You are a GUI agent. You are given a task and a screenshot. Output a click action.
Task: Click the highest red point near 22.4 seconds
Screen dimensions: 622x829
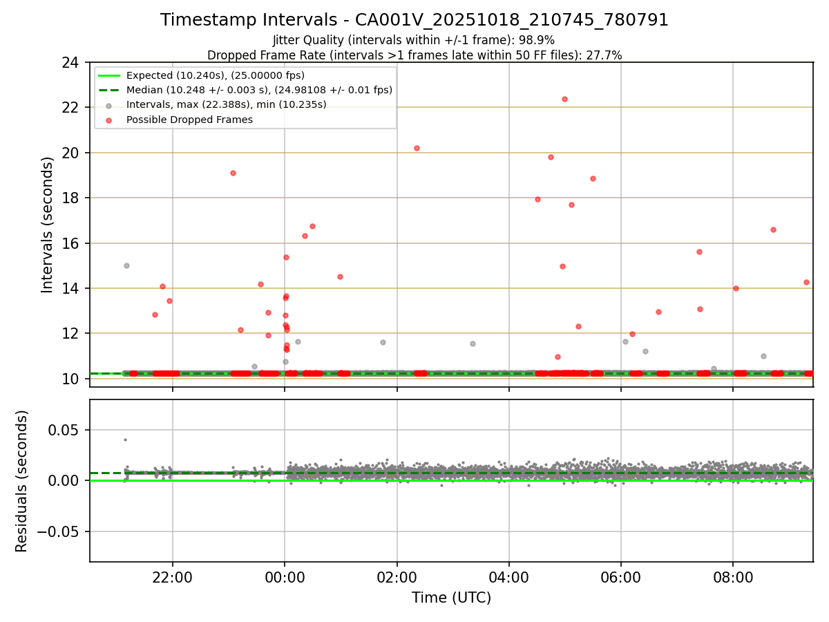564,99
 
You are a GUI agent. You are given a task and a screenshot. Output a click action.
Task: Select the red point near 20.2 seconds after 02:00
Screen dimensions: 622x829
417,148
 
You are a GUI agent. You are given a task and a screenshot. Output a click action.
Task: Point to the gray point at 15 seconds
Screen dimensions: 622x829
126,265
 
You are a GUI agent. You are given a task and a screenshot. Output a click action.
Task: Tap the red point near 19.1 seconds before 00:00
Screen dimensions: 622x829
233,173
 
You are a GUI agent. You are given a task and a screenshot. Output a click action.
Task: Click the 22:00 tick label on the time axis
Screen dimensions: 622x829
173,577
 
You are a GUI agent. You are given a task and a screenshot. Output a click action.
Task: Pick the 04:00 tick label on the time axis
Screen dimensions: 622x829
509,577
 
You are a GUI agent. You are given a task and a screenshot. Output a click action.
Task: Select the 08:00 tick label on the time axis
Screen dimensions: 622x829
733,577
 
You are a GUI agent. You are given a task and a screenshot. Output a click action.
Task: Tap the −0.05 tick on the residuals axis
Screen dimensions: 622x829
64,531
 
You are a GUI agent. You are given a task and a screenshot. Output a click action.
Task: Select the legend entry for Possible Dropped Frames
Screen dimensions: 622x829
189,120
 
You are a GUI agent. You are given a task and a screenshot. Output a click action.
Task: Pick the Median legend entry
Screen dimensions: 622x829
259,90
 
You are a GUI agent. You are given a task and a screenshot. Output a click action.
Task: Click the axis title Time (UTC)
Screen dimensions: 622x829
451,598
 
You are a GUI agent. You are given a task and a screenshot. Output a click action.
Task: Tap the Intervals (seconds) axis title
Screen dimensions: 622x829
47,225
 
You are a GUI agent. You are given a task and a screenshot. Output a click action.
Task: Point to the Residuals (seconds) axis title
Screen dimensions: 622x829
22,481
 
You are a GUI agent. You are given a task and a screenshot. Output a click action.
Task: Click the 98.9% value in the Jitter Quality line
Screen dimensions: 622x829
540,40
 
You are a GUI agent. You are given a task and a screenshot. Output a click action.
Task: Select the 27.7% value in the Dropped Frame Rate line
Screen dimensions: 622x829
608,55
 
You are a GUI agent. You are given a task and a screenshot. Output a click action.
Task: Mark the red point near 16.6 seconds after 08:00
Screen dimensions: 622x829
773,229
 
